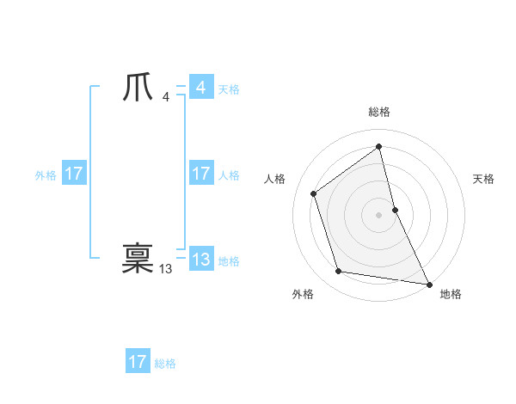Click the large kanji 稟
(138, 259)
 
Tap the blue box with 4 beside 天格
(201, 88)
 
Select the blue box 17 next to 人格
(201, 174)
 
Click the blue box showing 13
(201, 260)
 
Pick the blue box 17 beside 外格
(74, 174)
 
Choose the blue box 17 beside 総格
(138, 362)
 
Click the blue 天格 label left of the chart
(229, 89)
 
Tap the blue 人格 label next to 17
(229, 175)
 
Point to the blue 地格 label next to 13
(229, 261)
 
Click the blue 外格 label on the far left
(46, 175)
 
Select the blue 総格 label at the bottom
(165, 364)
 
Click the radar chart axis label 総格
(379, 112)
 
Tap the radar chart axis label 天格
(484, 179)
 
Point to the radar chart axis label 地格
(451, 295)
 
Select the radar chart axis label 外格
(303, 295)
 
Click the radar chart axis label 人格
(274, 179)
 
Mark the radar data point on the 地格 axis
(428, 284)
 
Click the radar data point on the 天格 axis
(395, 209)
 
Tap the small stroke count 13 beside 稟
(165, 269)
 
